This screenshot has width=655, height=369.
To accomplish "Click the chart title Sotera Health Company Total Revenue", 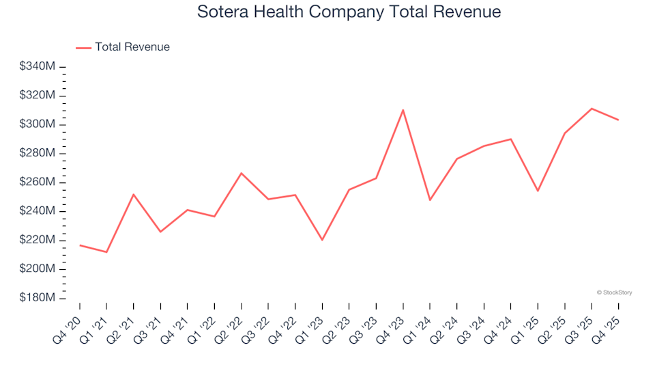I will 349,12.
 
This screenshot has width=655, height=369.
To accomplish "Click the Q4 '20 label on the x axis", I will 68,325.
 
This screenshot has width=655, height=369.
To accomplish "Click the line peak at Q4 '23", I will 403,110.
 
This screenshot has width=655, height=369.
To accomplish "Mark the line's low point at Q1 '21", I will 106,252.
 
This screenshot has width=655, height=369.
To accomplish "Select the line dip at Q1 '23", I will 322,240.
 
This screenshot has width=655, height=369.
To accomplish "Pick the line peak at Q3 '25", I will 592,109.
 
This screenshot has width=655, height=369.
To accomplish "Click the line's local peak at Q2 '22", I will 242,173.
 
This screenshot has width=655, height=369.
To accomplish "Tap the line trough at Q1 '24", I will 430,200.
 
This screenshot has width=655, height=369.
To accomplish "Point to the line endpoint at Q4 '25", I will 618,120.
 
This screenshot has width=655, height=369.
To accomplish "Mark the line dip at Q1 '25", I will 538,191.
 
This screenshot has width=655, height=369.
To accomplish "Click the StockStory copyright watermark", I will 614,292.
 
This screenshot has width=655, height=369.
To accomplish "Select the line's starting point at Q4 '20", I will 80,245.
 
